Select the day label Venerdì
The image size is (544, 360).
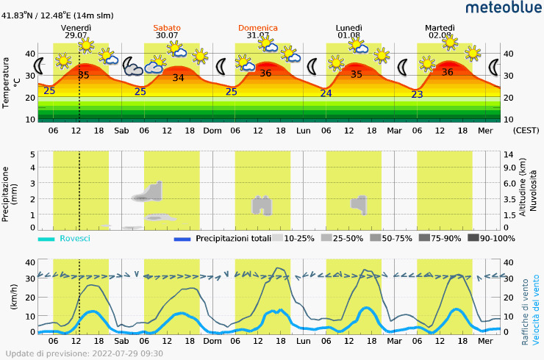(x=76, y=27)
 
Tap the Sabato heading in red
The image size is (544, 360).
(x=167, y=27)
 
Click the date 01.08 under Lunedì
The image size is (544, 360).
(x=349, y=35)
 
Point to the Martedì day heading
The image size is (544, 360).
(x=440, y=27)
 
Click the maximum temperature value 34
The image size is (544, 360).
(x=179, y=78)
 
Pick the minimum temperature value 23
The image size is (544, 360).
(x=417, y=94)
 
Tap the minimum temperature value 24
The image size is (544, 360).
(x=326, y=93)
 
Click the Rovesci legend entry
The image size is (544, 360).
(x=74, y=238)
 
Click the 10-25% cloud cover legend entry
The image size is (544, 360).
(x=299, y=238)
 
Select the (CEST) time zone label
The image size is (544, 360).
(x=526, y=131)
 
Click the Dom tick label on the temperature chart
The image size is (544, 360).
(x=212, y=131)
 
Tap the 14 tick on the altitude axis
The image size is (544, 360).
(x=508, y=154)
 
